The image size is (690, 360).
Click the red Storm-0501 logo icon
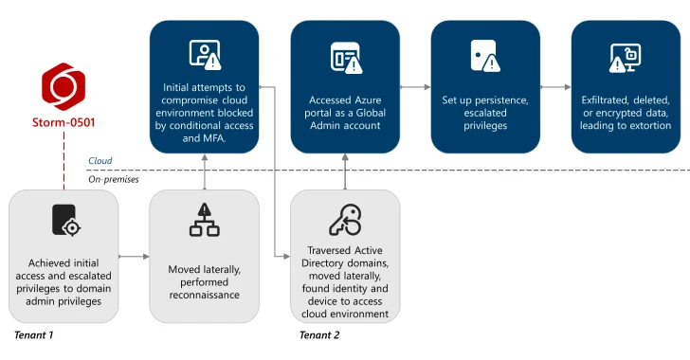[64, 87]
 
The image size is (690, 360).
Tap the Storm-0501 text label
[64, 122]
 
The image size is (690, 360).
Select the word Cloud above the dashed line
[100, 161]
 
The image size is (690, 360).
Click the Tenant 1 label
[34, 334]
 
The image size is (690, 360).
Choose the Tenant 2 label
[319, 334]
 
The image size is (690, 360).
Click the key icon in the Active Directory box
[344, 220]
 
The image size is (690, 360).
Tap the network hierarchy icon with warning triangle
[204, 220]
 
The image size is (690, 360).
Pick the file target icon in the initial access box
[64, 220]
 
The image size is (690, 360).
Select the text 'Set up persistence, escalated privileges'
[484, 112]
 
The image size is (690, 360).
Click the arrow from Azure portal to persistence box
[414, 86]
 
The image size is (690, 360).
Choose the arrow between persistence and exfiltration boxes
[554, 86]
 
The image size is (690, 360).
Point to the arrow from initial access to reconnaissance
[134, 256]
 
